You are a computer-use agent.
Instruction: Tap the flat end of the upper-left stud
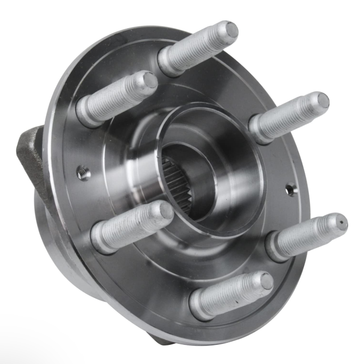coord(150,80)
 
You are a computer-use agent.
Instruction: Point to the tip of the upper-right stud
coord(322,100)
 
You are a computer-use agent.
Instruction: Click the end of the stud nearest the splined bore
coord(165,211)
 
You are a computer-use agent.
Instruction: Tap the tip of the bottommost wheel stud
coord(266,281)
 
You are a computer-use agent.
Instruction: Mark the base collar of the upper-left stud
coord(86,112)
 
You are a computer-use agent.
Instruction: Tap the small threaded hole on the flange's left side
coord(83,173)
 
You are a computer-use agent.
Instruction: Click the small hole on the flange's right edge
coord(290,189)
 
